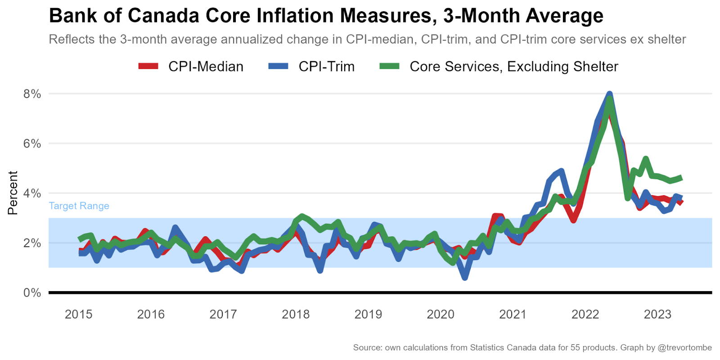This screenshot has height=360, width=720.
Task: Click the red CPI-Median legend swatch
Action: coord(148,66)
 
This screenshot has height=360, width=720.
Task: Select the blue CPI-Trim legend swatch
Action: coord(278,66)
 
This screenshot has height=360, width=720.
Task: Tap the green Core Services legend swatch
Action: coord(389,66)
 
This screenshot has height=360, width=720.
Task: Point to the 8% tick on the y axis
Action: coord(32,94)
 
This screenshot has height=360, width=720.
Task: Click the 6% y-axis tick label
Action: coord(32,144)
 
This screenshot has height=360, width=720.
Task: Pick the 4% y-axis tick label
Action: coord(32,193)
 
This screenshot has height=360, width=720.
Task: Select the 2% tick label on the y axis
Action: coord(32,243)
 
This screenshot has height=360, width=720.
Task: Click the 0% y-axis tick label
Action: coord(32,293)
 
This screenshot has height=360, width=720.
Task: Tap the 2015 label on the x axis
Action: coord(78,314)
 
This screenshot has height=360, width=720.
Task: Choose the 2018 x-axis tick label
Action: coord(296,314)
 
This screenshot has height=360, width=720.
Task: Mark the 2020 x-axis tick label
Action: coord(441,314)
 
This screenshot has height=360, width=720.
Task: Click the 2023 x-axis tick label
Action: coord(657,314)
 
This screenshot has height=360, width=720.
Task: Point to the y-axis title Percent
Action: coord(13,193)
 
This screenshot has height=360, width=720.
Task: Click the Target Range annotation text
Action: coord(79,206)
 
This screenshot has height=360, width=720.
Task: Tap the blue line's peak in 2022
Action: coord(610,94)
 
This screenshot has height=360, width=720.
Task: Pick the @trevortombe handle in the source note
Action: coord(684,347)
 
